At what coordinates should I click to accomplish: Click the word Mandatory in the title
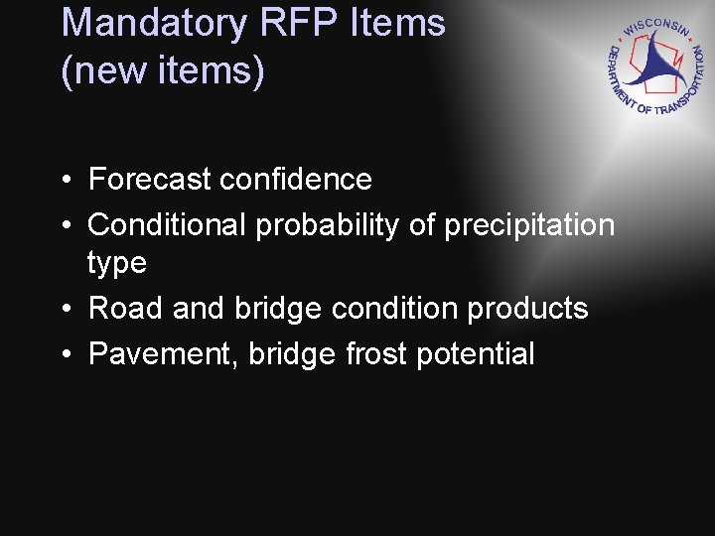point(155,23)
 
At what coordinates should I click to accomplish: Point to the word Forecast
point(150,180)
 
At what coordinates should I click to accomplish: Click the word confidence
point(296,180)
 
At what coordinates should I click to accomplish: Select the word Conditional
point(168,225)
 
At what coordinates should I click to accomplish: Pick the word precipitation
point(529,226)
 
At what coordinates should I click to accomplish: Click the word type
point(117,264)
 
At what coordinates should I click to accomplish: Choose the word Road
point(126,309)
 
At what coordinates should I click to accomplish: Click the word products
point(528,309)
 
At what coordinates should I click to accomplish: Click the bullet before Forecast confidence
point(64,181)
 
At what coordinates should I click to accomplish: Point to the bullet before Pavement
point(64,355)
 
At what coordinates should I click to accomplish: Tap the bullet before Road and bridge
point(64,310)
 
